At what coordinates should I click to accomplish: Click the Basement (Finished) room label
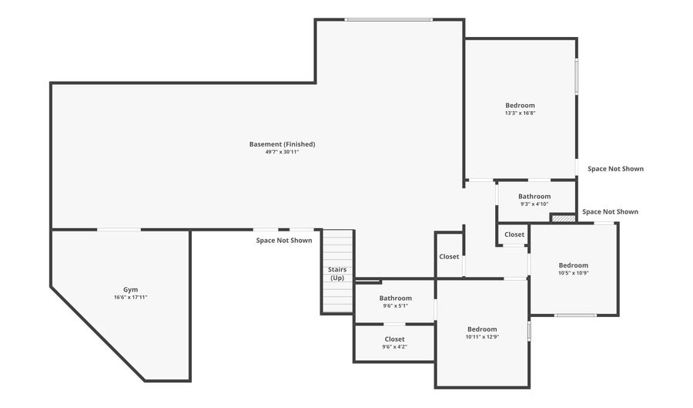[x=282, y=144]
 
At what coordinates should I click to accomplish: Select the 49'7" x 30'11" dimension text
[x=282, y=152]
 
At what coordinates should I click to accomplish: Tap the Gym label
[x=130, y=289]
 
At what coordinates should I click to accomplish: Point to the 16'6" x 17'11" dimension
[x=130, y=297]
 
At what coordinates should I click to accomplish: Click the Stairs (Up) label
[x=337, y=274]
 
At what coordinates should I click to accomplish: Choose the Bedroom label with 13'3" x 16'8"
[x=520, y=105]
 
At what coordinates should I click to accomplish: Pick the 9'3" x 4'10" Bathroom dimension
[x=534, y=204]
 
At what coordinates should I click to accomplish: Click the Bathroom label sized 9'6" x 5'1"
[x=395, y=298]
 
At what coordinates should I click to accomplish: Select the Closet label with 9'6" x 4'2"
[x=394, y=339]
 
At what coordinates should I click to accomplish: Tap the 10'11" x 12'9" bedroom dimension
[x=482, y=337]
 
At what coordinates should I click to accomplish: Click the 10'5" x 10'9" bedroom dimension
[x=573, y=273]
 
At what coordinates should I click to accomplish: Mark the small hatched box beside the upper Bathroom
[x=564, y=218]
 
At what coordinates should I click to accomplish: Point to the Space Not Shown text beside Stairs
[x=284, y=241]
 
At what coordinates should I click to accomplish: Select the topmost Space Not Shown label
[x=615, y=168]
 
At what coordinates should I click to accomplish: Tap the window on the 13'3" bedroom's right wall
[x=576, y=77]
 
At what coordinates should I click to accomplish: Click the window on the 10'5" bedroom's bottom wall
[x=575, y=315]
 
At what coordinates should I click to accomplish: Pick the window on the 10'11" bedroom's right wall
[x=529, y=331]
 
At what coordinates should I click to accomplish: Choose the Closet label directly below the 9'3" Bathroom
[x=514, y=234]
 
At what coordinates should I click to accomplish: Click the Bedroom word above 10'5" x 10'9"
[x=573, y=265]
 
